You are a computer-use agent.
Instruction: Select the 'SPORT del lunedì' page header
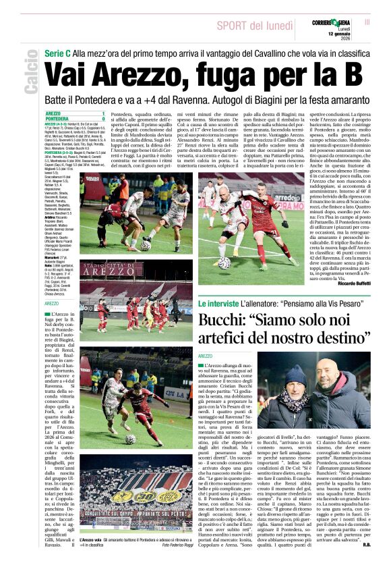point(255,25)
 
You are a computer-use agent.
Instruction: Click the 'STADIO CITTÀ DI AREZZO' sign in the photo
point(115,272)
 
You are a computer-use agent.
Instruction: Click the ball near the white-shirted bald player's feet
point(222,263)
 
